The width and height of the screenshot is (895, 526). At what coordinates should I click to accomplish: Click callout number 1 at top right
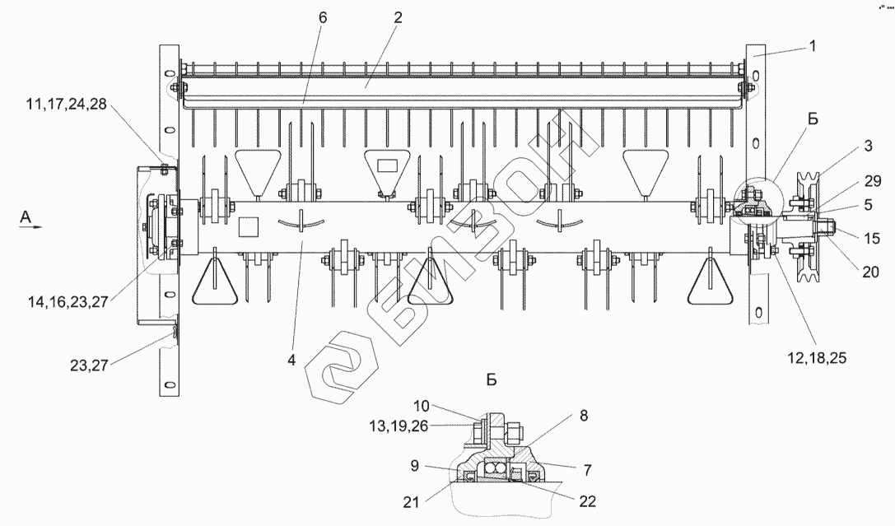tap(813, 46)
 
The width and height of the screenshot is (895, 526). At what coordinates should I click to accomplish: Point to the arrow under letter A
tap(28, 231)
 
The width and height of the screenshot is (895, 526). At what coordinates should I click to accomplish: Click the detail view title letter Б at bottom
tap(492, 380)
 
